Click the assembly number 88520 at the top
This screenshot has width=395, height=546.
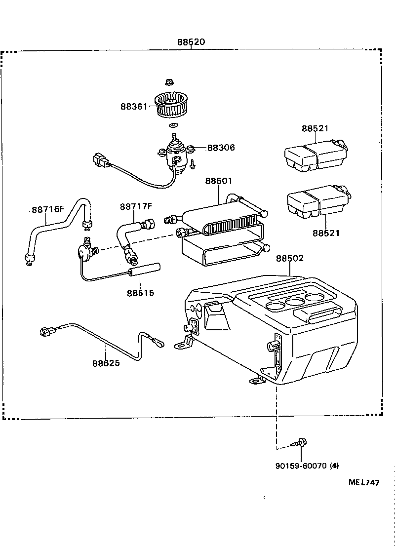(191, 42)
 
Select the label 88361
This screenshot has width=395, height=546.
(133, 106)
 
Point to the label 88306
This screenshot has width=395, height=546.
(221, 148)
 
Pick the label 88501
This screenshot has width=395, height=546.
(219, 181)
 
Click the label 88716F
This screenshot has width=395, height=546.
(48, 209)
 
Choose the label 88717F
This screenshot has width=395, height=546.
(136, 206)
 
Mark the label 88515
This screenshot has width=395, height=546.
(140, 293)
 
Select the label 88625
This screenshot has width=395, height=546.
(106, 363)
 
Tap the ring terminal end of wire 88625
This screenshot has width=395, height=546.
(159, 342)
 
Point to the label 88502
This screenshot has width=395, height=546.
(290, 258)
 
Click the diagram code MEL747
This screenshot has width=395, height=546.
(364, 483)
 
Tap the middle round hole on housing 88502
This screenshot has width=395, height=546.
(295, 303)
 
